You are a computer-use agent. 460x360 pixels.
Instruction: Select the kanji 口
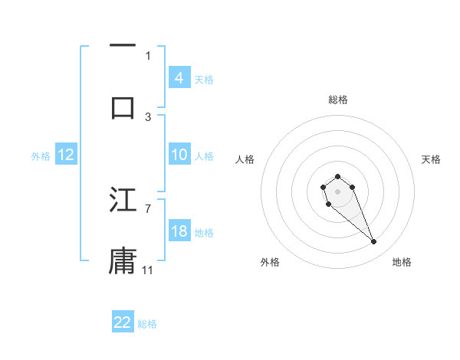(123, 106)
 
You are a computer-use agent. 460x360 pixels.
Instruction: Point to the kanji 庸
(123, 260)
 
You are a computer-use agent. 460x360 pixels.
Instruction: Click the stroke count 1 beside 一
(148, 55)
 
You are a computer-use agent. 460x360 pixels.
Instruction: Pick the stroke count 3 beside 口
(148, 116)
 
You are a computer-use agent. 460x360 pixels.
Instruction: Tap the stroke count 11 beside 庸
(148, 270)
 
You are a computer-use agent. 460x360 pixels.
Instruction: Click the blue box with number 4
(179, 78)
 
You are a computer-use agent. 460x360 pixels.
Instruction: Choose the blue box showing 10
(179, 155)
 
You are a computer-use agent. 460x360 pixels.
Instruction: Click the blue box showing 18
(179, 231)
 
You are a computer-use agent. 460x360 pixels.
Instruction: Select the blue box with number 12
(65, 155)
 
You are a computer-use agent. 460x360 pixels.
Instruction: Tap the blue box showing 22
(123, 322)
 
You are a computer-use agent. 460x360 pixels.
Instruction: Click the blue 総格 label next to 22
(147, 324)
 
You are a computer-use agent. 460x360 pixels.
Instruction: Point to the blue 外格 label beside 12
(41, 156)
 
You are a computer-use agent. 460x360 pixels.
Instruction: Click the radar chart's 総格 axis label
(337, 100)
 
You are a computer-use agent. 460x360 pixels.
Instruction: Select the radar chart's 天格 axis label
(431, 159)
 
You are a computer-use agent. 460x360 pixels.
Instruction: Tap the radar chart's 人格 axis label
(245, 159)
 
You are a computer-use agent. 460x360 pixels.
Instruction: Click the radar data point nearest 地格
(374, 242)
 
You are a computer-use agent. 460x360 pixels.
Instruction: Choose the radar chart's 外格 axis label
(270, 262)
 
